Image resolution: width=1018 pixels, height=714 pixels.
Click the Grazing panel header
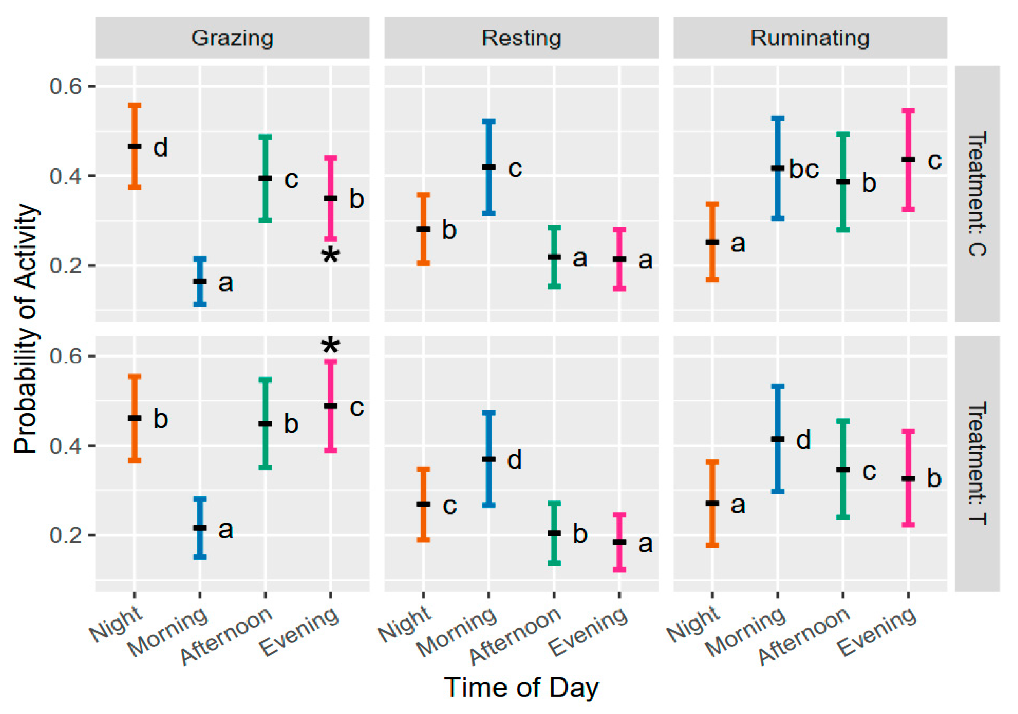(x=232, y=38)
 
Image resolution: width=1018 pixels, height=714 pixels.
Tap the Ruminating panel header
(x=810, y=38)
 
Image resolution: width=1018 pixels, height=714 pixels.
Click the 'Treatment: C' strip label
(x=977, y=194)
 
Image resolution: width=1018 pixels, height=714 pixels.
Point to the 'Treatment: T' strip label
(x=977, y=463)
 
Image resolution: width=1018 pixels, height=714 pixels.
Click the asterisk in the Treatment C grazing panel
(x=330, y=256)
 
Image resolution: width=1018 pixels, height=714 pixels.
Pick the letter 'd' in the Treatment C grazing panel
(x=161, y=147)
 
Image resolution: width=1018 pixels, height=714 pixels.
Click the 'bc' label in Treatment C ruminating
(x=804, y=169)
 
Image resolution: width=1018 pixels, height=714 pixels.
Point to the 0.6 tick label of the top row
(x=66, y=86)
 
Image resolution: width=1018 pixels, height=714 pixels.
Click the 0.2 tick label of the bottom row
(x=66, y=535)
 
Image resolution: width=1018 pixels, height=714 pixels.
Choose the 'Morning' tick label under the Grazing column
(x=168, y=631)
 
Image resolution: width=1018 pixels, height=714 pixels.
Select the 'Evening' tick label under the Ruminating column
(x=877, y=631)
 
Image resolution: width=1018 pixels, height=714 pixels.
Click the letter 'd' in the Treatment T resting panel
(x=515, y=459)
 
